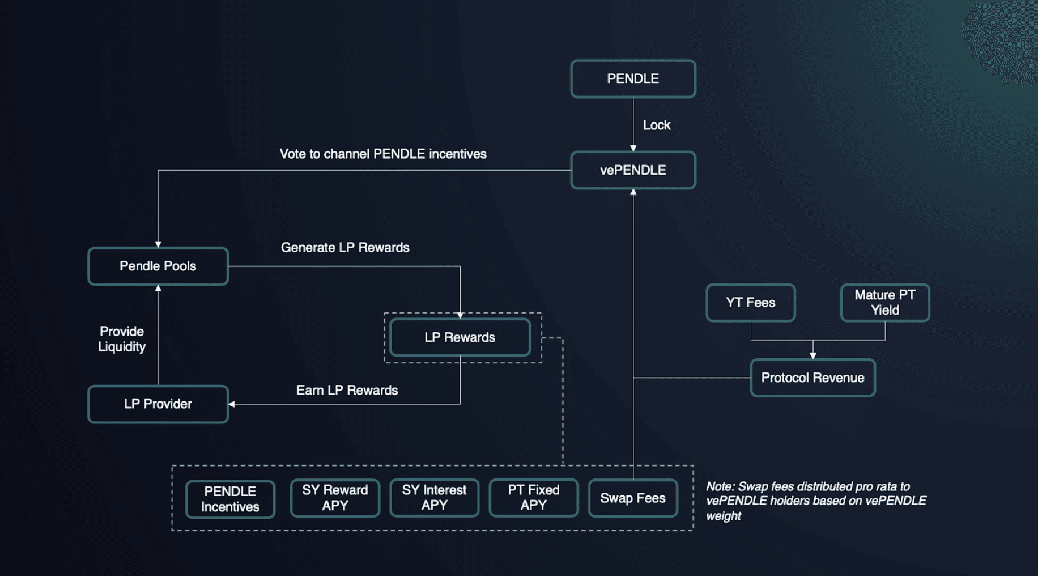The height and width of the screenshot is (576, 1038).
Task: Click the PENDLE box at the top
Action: (x=633, y=79)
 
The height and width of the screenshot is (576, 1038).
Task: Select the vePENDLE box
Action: (x=633, y=170)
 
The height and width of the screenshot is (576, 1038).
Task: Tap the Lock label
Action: (x=656, y=125)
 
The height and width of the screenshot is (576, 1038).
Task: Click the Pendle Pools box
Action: (x=158, y=266)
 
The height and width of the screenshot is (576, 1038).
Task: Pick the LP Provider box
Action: (x=158, y=404)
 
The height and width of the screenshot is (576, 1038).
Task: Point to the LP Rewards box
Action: (x=460, y=338)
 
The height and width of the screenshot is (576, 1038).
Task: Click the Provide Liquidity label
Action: (x=122, y=339)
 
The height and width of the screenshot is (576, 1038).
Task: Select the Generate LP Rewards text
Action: (x=344, y=248)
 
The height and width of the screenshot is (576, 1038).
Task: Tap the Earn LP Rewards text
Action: (x=347, y=390)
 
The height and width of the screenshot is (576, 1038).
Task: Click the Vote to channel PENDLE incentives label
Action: (x=383, y=154)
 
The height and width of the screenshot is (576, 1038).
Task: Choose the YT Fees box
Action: (x=751, y=303)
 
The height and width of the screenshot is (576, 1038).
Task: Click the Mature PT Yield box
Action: (x=885, y=303)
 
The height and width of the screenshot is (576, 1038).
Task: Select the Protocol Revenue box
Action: (x=812, y=378)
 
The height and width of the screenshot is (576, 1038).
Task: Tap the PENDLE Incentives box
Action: (x=230, y=499)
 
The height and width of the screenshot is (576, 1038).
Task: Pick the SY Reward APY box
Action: (x=335, y=498)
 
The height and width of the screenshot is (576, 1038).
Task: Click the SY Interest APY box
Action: (x=434, y=498)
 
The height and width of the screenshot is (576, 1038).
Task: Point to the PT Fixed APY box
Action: (x=533, y=498)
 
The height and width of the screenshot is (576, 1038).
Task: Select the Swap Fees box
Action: (x=633, y=498)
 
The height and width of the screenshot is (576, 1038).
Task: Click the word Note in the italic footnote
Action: (x=719, y=486)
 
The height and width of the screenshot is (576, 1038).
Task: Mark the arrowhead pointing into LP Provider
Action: (x=232, y=404)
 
